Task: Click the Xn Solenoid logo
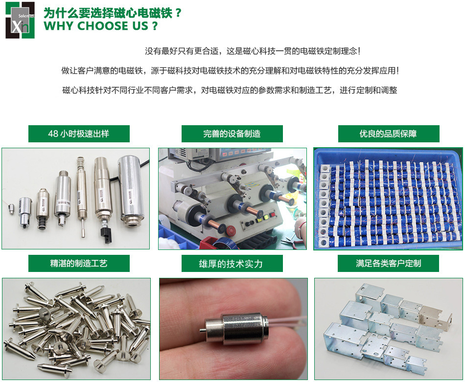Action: [20, 21]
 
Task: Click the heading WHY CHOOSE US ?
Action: [101, 26]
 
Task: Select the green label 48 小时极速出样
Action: [79, 134]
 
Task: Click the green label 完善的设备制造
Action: [232, 134]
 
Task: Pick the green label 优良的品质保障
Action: [388, 134]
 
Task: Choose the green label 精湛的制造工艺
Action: [79, 263]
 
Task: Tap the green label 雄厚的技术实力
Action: [232, 264]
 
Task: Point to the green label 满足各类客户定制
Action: [388, 263]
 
